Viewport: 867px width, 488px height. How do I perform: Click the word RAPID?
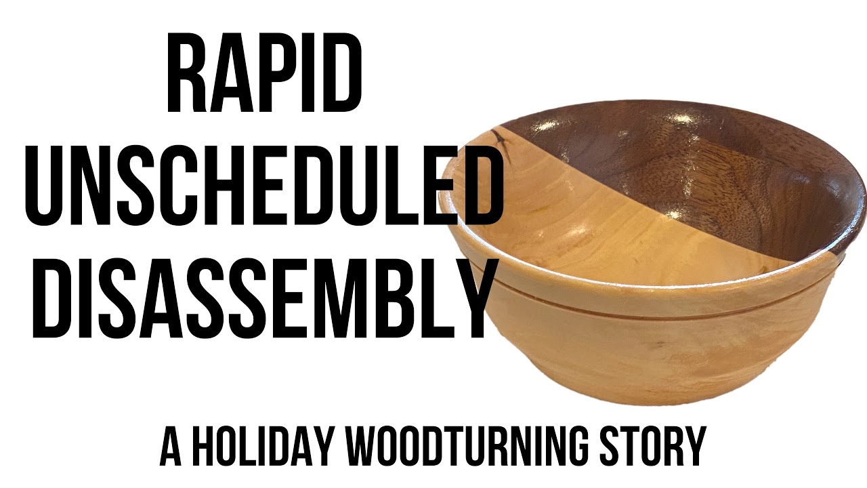(264, 72)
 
